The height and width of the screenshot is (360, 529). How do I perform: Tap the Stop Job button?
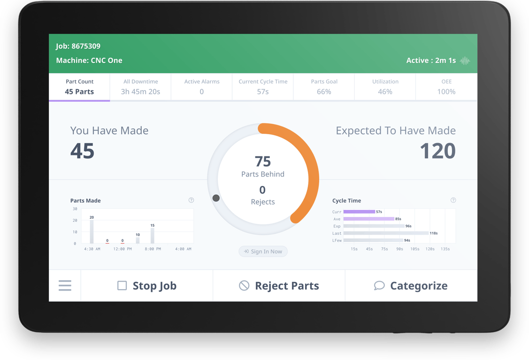[x=147, y=285]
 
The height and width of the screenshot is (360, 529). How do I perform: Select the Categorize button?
[x=411, y=285]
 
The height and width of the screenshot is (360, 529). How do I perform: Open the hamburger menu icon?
[x=65, y=285]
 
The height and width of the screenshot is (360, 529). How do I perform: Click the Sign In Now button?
[x=263, y=252]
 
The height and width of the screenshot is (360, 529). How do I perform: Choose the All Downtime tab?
[x=140, y=87]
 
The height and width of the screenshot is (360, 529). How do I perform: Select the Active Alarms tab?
[x=201, y=87]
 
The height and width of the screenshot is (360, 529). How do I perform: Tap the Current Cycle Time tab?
[x=263, y=87]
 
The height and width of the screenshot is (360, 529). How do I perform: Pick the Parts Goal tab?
[x=324, y=87]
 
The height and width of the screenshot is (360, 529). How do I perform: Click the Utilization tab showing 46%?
[x=385, y=87]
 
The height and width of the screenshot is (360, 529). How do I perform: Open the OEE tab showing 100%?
[x=446, y=87]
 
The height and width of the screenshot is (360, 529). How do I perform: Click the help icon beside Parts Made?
[x=191, y=200]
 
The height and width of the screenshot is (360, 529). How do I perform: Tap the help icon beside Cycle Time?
[x=453, y=200]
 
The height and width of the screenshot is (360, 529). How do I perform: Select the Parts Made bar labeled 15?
[x=153, y=236]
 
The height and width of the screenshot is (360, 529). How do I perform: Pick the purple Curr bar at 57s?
[x=359, y=212]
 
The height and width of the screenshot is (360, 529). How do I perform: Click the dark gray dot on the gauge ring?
[x=216, y=198]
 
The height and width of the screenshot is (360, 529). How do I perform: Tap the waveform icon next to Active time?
[x=465, y=61]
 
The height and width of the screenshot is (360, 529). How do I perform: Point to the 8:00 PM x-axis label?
[x=153, y=249]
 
